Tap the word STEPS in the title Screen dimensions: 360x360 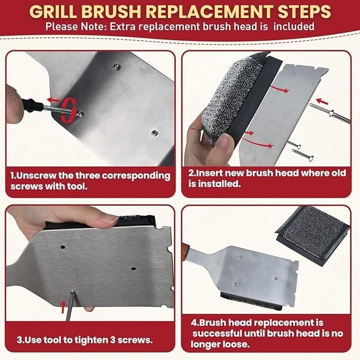click(304, 12)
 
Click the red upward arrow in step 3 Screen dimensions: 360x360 click(63, 307)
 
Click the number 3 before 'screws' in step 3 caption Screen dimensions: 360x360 click(112, 340)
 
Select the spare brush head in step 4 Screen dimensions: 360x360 click(313, 235)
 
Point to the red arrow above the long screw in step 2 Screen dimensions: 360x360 click(322, 101)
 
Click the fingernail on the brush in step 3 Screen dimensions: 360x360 click(110, 219)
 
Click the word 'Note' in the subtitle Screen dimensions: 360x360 click(93, 27)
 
